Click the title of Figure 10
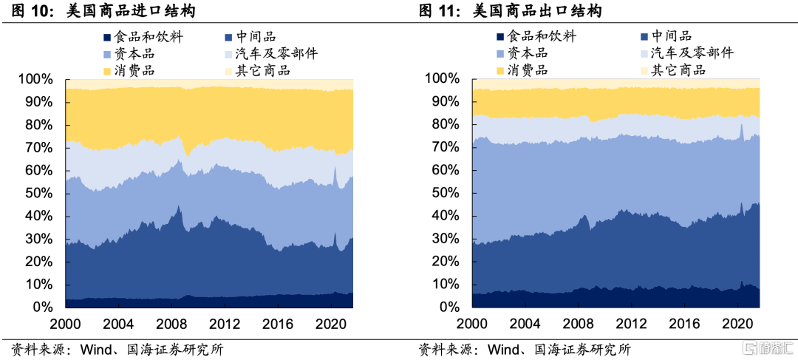click(x=103, y=11)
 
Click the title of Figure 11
click(x=510, y=11)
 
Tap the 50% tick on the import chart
click(x=37, y=193)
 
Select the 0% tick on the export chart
click(x=450, y=307)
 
